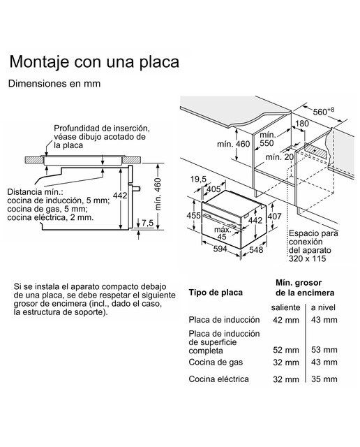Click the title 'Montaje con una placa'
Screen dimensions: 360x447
94,62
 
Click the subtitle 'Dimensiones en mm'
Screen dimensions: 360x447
54,84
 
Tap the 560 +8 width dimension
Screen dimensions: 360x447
324,111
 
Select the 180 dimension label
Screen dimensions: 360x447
301,124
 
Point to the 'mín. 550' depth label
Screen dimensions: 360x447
267,139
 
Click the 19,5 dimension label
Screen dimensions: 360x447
198,179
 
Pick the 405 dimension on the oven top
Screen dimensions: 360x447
213,189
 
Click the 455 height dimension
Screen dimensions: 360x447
194,215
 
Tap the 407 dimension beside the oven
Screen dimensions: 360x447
274,217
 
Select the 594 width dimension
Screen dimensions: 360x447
220,249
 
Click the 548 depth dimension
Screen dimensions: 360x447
256,249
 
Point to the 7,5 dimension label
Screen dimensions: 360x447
147,223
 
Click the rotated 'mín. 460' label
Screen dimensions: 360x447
158,194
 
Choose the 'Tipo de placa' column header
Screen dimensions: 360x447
216,293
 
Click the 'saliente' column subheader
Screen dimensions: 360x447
285,307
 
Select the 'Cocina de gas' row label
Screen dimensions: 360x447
216,362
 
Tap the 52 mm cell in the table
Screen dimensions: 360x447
286,350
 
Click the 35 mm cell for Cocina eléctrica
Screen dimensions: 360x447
324,379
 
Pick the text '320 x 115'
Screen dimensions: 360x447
307,258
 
